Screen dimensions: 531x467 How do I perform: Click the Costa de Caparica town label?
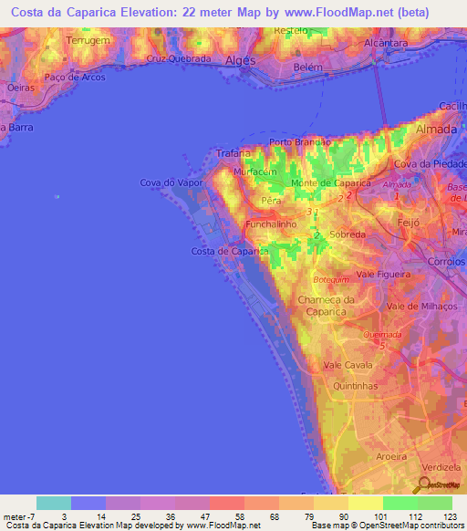pyautogui.click(x=229, y=251)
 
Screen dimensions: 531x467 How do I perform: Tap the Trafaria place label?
pyautogui.click(x=233, y=154)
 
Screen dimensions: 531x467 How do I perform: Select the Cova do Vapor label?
pyautogui.click(x=171, y=182)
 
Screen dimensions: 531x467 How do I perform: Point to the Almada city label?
pyautogui.click(x=437, y=130)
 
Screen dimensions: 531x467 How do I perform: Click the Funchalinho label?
pyautogui.click(x=273, y=224)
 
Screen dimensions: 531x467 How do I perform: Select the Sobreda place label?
pyautogui.click(x=348, y=234)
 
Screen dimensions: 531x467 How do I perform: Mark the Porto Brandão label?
pyautogui.click(x=297, y=142)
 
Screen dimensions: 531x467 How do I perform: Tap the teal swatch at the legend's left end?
pyautogui.click(x=54, y=503)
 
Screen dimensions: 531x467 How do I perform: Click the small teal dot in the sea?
pyautogui.click(x=57, y=195)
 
